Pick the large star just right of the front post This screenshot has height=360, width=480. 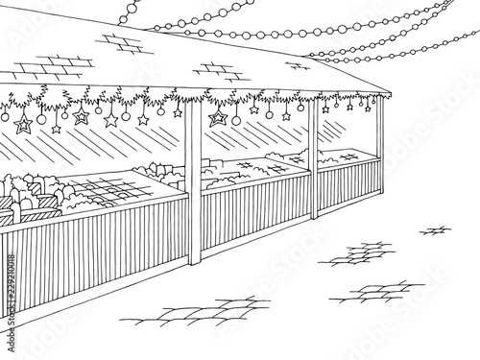point(219,119)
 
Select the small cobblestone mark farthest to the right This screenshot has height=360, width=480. point(439,228)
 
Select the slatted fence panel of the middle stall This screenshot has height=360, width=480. point(255,204)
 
